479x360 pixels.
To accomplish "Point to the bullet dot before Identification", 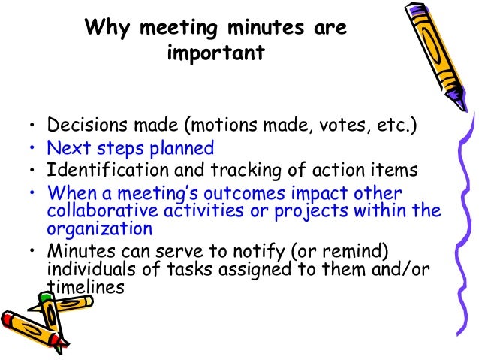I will pos(32,171).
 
